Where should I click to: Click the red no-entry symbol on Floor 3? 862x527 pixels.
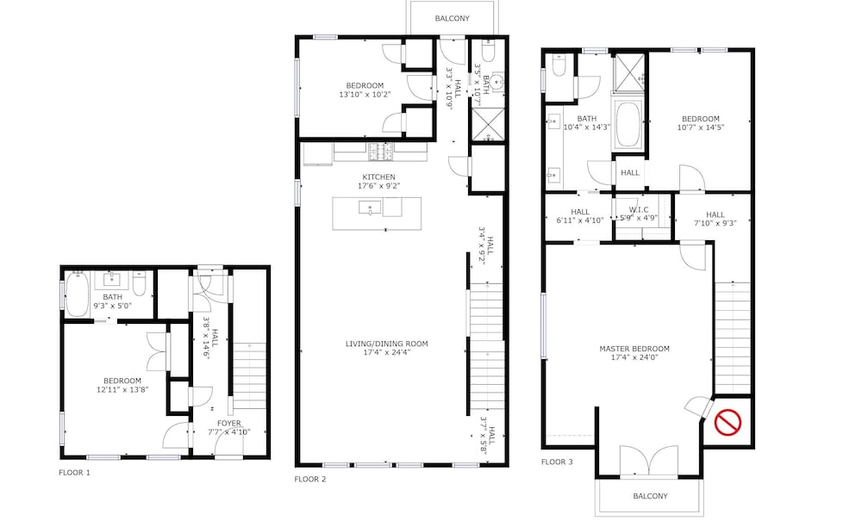pos(728,423)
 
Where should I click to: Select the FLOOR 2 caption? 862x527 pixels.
pos(310,479)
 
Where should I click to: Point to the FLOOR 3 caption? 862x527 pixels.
pos(557,462)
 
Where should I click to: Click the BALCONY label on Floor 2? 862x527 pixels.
pos(453,18)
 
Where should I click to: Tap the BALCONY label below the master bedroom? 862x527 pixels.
pos(650,496)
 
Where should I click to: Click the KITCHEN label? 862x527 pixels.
pos(378,177)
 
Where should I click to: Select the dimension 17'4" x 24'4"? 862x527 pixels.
pos(386,352)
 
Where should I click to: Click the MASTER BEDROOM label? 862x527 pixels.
pos(634,349)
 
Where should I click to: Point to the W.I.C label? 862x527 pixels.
pos(639,210)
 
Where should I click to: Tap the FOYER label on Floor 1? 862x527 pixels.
pos(228,424)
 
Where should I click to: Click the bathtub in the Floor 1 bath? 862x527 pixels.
pos(77,294)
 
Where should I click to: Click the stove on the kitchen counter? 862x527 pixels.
pos(380,152)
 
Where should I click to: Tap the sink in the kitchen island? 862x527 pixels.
pos(370,208)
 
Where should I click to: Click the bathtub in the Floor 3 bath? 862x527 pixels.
pos(628,124)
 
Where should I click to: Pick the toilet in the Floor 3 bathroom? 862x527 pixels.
pos(559,65)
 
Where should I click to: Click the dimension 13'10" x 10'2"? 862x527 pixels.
pos(365,95)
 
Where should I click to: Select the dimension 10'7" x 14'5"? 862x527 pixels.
pos(700,127)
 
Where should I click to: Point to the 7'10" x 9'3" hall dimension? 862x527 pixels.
pos(715,223)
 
